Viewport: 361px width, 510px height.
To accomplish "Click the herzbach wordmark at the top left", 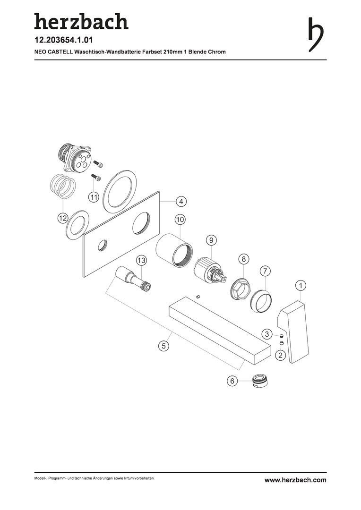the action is [81, 22].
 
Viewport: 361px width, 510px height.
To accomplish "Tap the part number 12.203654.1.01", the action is [63, 40].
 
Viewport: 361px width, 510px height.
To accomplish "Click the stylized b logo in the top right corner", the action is [315, 34].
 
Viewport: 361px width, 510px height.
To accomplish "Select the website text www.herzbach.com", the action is [295, 480].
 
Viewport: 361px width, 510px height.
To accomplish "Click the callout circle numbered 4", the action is [181, 201].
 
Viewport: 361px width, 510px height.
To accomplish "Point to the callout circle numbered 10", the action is [180, 220].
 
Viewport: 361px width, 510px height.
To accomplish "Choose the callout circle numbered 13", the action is [141, 260].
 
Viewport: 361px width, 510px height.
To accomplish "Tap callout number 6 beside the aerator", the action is [232, 381].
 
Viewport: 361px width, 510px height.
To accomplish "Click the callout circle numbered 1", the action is [301, 286].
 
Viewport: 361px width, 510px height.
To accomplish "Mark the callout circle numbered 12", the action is [62, 218].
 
